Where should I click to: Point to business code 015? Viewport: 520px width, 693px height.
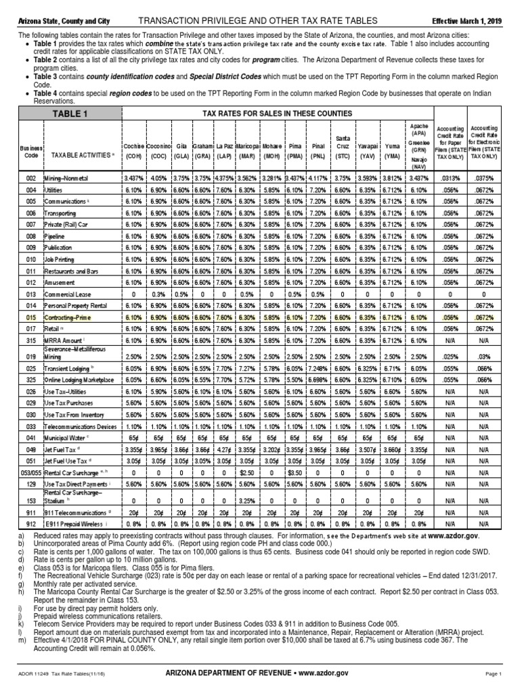pos(30,317)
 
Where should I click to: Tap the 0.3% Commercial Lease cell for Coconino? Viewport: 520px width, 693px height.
pos(159,294)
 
